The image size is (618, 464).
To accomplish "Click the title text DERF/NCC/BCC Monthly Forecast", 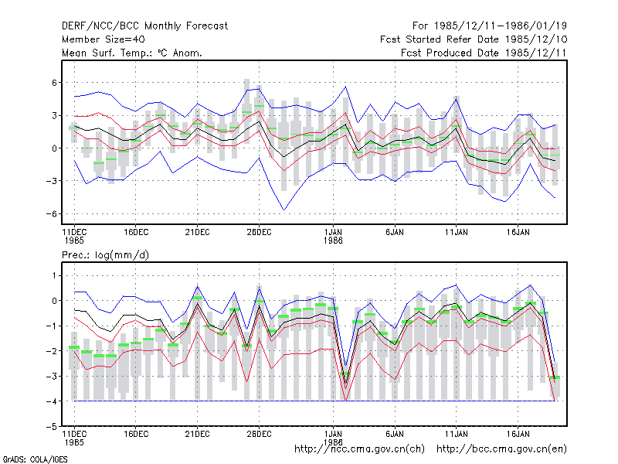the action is [x=144, y=26].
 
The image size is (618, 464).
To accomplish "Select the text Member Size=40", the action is [x=104, y=39].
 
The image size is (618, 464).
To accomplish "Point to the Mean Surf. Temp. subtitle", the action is [x=131, y=53].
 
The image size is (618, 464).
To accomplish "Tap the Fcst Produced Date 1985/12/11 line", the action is [x=484, y=53].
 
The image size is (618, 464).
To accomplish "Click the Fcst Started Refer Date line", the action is [x=474, y=39].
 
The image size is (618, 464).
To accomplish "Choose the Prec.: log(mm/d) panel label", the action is [x=105, y=255].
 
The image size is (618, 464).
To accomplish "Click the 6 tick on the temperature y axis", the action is [x=54, y=83].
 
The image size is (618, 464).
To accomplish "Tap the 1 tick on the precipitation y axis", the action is [x=54, y=275].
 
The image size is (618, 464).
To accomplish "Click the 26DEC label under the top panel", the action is [x=259, y=233].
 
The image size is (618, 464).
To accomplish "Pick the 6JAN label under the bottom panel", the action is [x=395, y=434].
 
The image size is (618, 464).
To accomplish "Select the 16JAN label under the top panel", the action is [x=518, y=233].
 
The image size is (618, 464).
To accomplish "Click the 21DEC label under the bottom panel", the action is [x=198, y=434].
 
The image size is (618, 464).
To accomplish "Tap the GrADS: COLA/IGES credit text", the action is [x=35, y=459].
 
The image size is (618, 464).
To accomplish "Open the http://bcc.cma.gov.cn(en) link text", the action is [x=501, y=449].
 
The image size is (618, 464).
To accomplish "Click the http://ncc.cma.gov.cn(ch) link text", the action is [x=359, y=449].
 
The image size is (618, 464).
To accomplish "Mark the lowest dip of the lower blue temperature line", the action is [x=284, y=210].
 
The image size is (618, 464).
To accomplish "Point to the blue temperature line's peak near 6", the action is [x=345, y=87].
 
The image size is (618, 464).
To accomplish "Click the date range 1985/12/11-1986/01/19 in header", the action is [x=501, y=26].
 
